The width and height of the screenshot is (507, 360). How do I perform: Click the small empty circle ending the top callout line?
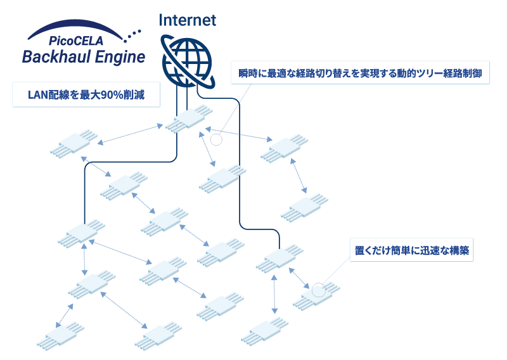click(x=217, y=139)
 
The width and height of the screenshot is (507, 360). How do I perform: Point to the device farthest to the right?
click(x=305, y=208)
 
